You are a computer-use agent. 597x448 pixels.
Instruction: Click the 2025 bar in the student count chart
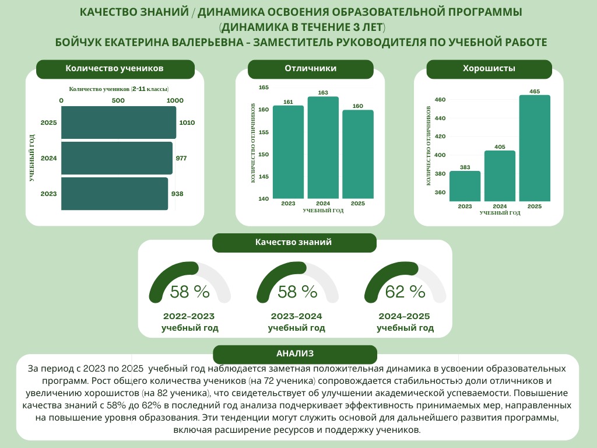click(118, 123)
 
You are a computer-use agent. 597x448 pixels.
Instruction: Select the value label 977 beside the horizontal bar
click(181, 158)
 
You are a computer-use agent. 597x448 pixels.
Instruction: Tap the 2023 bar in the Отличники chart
click(288, 152)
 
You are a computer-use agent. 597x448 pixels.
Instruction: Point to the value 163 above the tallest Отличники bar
click(323, 93)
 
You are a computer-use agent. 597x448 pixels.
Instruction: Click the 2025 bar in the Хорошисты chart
click(535, 148)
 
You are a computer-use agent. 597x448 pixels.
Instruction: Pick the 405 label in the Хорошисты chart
click(500, 146)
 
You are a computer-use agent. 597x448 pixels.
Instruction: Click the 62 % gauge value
click(405, 291)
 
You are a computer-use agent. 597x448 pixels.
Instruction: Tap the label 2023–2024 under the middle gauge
click(296, 316)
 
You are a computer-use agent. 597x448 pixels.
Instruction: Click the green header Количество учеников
click(114, 69)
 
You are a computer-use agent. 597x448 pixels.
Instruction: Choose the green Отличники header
click(310, 69)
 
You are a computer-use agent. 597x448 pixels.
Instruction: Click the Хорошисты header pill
click(489, 69)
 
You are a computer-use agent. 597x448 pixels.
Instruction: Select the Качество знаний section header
click(294, 242)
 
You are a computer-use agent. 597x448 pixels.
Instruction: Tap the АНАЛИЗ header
click(295, 353)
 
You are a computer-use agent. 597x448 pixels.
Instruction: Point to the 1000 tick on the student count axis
click(175, 100)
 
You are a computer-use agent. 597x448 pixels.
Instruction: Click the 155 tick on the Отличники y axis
click(264, 132)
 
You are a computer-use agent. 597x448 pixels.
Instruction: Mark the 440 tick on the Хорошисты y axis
click(440, 118)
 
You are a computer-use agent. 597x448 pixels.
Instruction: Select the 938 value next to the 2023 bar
click(178, 193)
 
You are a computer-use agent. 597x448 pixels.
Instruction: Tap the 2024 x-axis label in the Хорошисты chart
click(500, 206)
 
